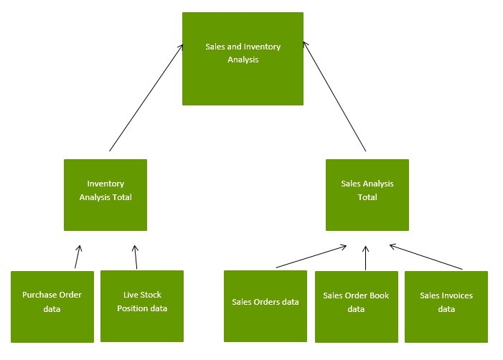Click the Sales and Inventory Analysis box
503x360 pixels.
[x=243, y=59]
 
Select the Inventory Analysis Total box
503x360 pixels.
[x=105, y=195]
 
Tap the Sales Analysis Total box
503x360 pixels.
[x=367, y=195]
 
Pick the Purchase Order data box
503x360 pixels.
[x=52, y=307]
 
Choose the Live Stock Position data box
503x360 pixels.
[x=142, y=306]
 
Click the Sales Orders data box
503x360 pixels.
[x=265, y=306]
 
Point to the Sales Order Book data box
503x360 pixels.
[x=357, y=307]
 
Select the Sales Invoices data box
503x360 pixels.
[x=446, y=307]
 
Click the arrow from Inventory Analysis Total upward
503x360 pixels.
[x=146, y=98]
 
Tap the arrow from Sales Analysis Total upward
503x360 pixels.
[x=334, y=96]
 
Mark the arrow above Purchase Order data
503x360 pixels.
[x=78, y=257]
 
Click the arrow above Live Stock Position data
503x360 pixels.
[x=136, y=257]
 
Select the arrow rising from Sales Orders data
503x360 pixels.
[x=311, y=257]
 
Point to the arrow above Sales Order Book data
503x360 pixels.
[x=365, y=258]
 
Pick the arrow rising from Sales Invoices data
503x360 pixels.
[x=426, y=257]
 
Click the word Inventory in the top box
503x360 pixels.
[x=262, y=47]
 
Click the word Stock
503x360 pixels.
[x=151, y=295]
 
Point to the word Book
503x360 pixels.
[x=380, y=295]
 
